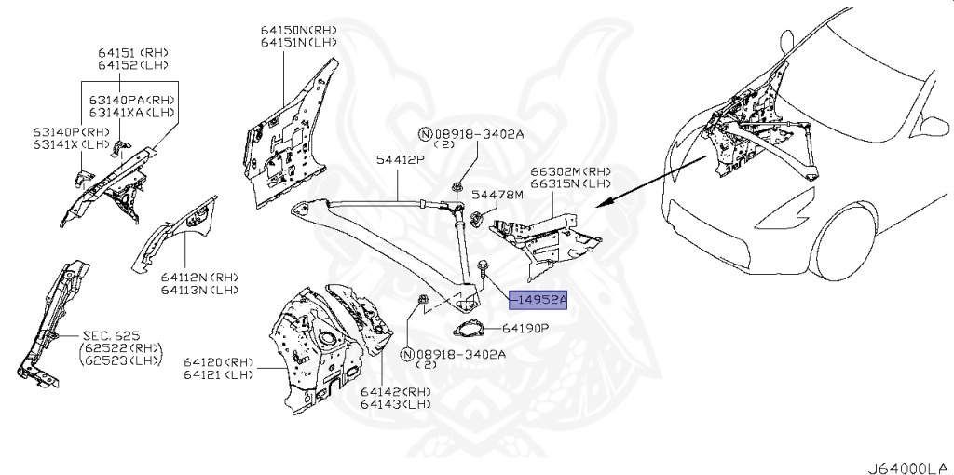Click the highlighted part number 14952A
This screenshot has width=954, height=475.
pos(538,299)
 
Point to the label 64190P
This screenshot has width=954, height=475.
pos(525,329)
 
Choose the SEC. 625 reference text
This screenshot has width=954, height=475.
pos(109,334)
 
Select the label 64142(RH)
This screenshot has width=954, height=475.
pos(396,392)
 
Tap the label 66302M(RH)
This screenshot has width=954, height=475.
pos(570,171)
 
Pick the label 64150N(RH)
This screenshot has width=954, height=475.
pos(298,30)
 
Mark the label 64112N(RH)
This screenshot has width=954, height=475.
pos(198,277)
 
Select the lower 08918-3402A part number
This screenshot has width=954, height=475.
pos(461,354)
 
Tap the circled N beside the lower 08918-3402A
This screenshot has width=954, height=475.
pos(407,355)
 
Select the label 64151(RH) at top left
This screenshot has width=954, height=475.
pos(134,52)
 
